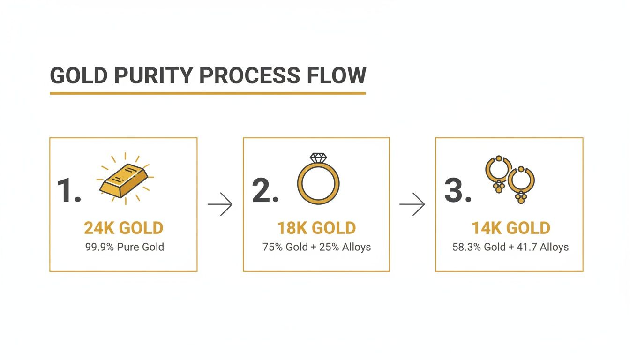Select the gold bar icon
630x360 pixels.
(123, 180)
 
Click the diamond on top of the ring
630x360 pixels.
(318, 158)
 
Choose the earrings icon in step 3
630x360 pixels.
(510, 179)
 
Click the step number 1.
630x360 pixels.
(68, 191)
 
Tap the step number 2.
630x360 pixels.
(265, 191)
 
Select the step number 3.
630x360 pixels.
(457, 191)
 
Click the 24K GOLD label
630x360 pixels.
(123, 228)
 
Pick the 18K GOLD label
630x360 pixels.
(316, 228)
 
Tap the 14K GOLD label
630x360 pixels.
(510, 228)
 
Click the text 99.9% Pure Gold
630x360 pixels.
(125, 247)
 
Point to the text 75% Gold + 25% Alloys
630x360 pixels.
(316, 247)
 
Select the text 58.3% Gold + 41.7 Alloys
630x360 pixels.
(510, 247)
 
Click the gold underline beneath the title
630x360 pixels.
(208, 93)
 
